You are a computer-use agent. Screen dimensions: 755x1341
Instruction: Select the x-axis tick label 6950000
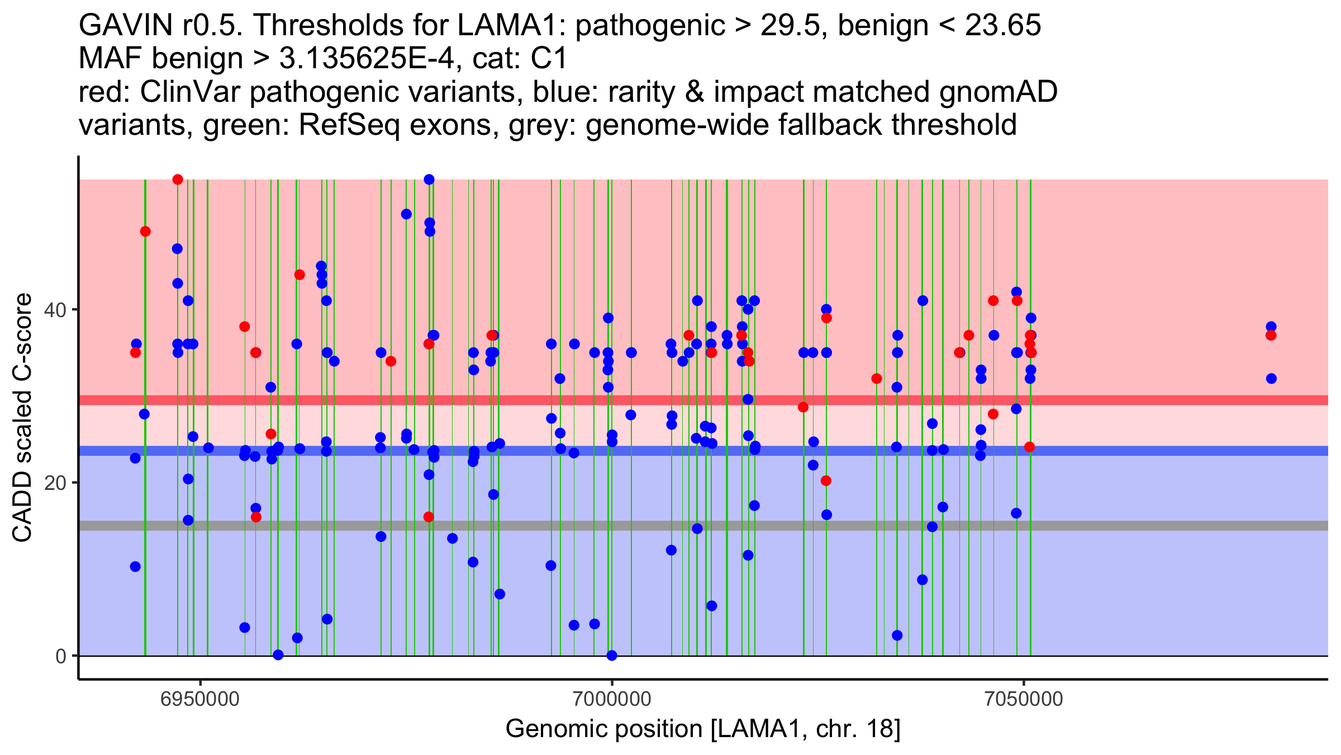(200, 699)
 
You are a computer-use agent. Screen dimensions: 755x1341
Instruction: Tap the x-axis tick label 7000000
(612, 699)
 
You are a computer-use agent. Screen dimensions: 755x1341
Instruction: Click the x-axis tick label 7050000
(1024, 699)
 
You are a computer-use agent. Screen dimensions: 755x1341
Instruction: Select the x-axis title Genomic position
(703, 729)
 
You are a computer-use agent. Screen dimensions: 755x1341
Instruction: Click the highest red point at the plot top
(178, 180)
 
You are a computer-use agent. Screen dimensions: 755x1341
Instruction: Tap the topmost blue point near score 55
(429, 180)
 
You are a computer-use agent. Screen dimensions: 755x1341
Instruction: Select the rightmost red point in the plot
(1271, 336)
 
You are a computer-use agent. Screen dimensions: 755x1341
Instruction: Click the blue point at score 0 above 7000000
(612, 655)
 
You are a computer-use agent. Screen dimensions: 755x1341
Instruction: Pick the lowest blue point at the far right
(1271, 379)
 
